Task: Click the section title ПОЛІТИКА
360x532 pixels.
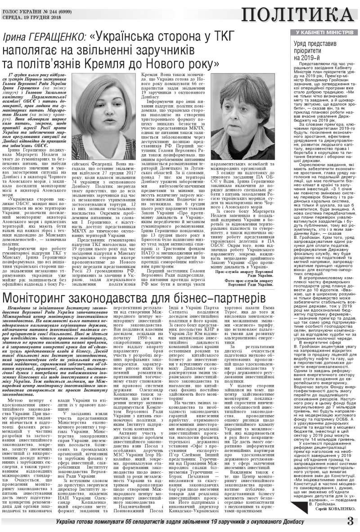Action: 296,15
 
